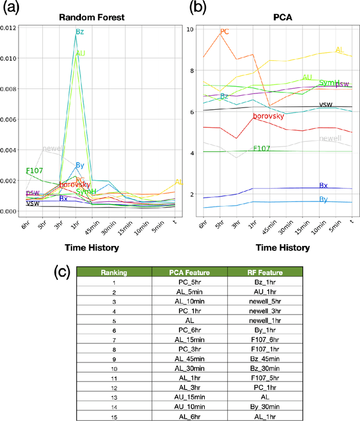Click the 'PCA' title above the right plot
(271, 17)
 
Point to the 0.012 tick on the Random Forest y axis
(10, 28)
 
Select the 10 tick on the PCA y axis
(191, 29)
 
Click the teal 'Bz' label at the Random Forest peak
(79, 33)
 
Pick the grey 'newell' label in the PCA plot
(330, 138)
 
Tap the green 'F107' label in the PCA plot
(262, 149)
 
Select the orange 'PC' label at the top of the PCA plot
(224, 32)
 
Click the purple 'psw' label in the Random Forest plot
(33, 193)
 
